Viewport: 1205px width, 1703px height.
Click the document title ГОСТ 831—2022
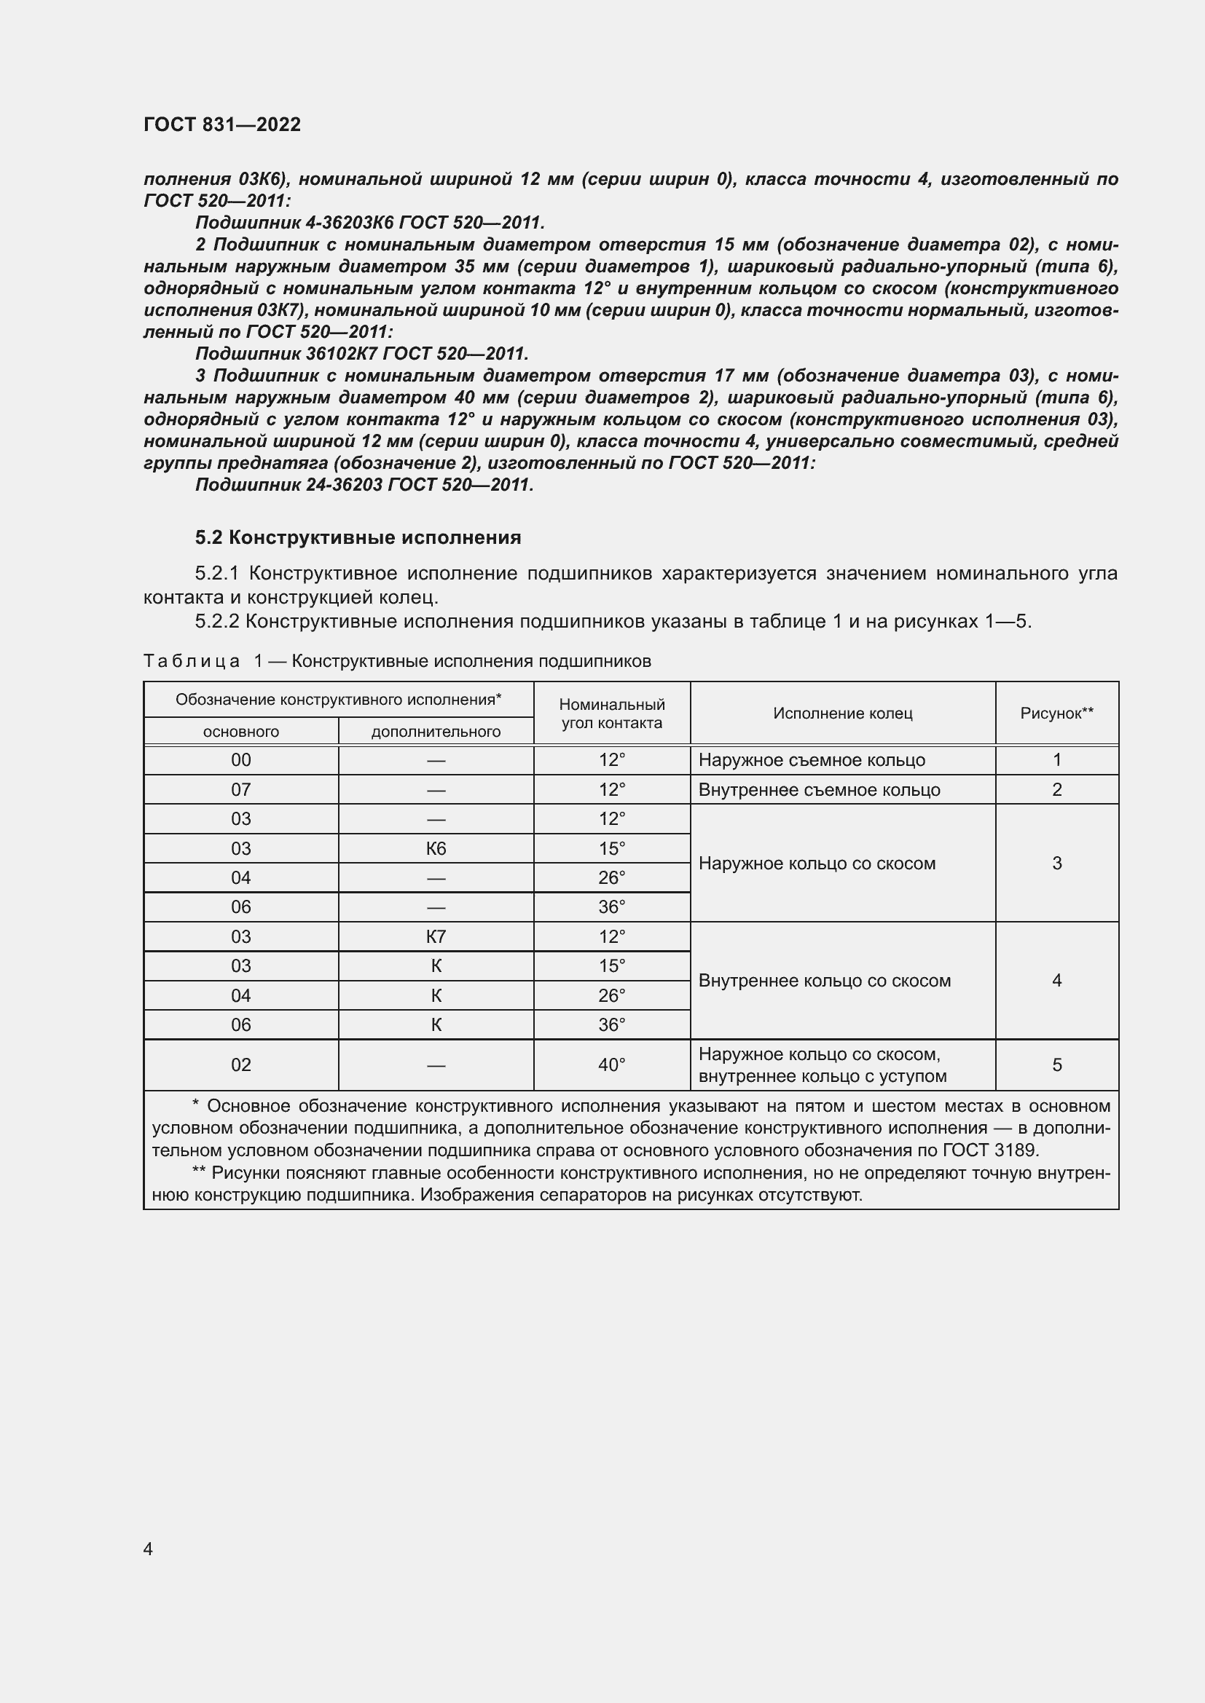(222, 125)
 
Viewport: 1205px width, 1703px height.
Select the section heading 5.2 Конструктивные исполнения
(358, 537)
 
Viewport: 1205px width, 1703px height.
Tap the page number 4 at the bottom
(148, 1549)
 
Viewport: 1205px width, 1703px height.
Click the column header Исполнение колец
(842, 713)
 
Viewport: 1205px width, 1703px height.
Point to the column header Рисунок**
(1056, 713)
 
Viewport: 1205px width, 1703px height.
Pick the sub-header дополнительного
(436, 731)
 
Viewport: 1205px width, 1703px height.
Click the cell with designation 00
(241, 760)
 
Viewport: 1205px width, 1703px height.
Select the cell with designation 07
(241, 789)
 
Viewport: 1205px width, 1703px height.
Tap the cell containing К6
(436, 848)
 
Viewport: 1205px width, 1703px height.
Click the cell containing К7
(436, 937)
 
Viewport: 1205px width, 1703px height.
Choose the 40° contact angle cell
(611, 1065)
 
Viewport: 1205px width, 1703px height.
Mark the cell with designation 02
(241, 1065)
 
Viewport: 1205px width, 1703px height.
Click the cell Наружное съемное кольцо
(812, 760)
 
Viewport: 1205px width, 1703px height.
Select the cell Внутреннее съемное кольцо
(819, 790)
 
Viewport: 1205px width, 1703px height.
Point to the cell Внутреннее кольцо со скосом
(825, 981)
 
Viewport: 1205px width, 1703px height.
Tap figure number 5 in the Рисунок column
(1056, 1065)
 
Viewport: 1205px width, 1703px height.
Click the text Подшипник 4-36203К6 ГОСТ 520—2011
(369, 223)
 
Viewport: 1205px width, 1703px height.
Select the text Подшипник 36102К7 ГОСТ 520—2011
(361, 354)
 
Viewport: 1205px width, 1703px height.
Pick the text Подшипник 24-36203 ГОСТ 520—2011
(364, 485)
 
